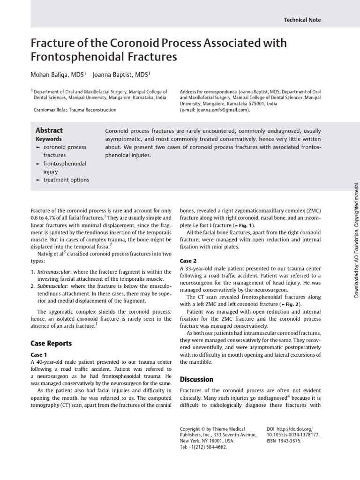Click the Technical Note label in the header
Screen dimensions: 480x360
click(x=302, y=20)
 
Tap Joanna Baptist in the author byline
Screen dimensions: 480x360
click(x=121, y=75)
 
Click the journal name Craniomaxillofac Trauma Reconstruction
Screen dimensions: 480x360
click(x=75, y=110)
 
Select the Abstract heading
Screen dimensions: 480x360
click(x=49, y=130)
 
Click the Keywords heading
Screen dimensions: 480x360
click(x=49, y=139)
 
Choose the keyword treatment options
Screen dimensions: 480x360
click(x=66, y=180)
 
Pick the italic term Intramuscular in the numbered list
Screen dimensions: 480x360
click(x=54, y=272)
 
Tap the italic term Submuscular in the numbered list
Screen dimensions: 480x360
click(x=52, y=285)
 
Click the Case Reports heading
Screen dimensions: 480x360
click(x=51, y=343)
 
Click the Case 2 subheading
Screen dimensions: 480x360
click(x=188, y=260)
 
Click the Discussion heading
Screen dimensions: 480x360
click(x=196, y=379)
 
